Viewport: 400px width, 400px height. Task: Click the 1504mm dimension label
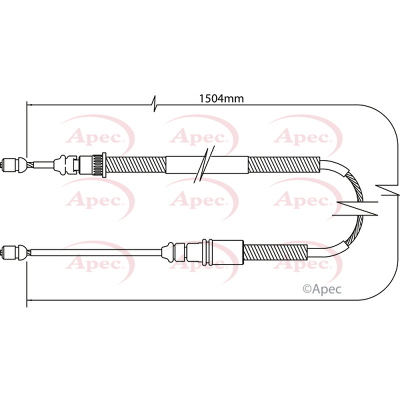click(x=221, y=98)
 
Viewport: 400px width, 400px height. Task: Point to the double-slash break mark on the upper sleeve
click(x=205, y=163)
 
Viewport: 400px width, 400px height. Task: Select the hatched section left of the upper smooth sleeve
click(x=135, y=163)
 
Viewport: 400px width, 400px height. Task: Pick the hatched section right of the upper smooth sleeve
click(x=283, y=163)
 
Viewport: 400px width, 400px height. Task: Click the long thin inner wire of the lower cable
click(x=95, y=251)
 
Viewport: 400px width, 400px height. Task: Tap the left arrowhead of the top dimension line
click(x=29, y=105)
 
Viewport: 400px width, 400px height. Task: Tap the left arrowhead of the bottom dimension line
click(x=29, y=300)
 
